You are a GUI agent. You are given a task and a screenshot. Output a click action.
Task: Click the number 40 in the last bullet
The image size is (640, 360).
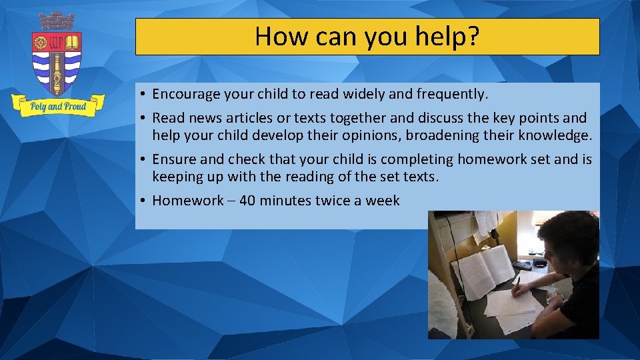pos(247,201)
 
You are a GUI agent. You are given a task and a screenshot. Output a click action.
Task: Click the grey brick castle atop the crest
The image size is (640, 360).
pos(57,21)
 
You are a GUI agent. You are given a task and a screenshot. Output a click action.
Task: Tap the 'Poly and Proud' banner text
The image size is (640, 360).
pos(58,106)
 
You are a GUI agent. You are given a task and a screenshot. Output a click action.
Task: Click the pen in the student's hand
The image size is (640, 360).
pos(517,282)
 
